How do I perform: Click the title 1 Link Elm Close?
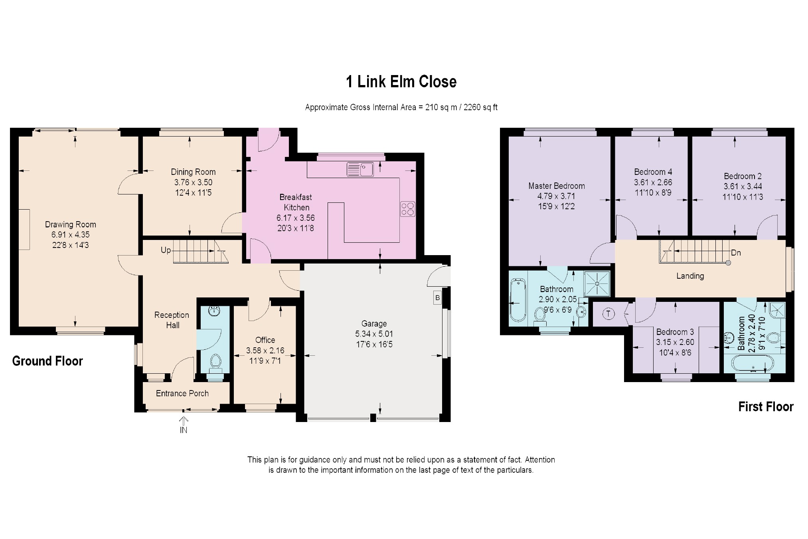[401, 82]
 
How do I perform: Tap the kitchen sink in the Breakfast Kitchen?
[360, 169]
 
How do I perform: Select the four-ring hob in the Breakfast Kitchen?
[408, 209]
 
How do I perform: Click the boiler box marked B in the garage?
[438, 298]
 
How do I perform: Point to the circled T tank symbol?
[608, 314]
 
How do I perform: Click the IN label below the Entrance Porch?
[184, 430]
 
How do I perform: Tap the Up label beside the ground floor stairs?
[166, 250]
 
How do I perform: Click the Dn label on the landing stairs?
[736, 253]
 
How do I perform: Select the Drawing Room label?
[71, 224]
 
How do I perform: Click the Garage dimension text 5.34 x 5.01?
[374, 334]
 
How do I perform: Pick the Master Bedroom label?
[557, 186]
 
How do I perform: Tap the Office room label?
[265, 340]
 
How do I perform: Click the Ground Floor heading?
[47, 361]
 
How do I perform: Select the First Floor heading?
[766, 406]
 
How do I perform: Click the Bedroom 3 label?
[675, 332]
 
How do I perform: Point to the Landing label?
[690, 276]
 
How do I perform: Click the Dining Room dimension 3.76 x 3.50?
[194, 182]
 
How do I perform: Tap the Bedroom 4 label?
[653, 172]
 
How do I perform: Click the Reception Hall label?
[172, 320]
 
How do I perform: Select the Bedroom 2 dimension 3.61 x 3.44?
[743, 186]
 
